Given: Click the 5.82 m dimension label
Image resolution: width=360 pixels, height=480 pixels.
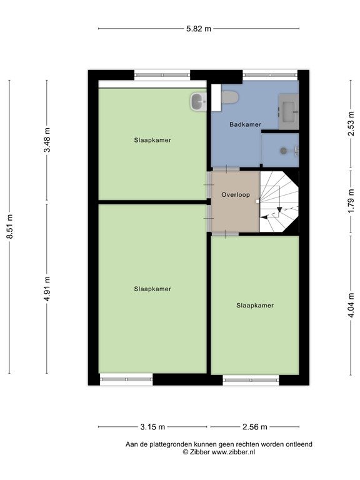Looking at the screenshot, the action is tap(199, 29).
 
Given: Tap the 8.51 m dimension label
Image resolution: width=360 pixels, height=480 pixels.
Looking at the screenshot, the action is tap(10, 226).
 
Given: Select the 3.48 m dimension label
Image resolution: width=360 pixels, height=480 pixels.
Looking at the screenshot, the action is tap(47, 140).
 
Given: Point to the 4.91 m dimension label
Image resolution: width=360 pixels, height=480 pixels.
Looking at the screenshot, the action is tap(47, 288).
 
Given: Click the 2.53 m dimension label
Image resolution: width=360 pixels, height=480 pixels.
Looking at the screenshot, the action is tap(351, 123).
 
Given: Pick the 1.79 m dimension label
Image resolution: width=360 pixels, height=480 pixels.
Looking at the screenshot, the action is tap(351, 201).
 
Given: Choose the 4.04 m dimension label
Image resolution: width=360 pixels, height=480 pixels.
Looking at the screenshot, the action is tap(351, 305).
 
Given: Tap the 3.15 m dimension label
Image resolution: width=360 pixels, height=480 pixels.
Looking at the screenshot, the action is tap(152, 427).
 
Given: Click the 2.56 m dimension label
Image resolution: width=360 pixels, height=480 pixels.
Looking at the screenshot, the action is tap(255, 427).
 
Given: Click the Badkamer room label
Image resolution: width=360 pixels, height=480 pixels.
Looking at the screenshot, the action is tap(245, 124).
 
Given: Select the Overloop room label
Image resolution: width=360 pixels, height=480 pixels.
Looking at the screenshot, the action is tap(236, 195).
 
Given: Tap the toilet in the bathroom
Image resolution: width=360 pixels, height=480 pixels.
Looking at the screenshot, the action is tap(229, 97).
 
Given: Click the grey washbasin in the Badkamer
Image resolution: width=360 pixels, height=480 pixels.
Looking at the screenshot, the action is tap(288, 111).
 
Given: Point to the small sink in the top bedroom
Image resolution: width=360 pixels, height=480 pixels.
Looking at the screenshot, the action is tap(199, 102).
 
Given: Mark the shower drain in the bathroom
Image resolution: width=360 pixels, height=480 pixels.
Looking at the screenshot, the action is tap(284, 150).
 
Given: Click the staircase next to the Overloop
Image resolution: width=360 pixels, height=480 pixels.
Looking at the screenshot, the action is tap(279, 202).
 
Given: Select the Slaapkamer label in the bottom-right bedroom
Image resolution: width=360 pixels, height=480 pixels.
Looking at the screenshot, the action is tap(255, 305).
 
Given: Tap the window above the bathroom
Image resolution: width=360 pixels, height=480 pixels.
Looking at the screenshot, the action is tap(270, 75).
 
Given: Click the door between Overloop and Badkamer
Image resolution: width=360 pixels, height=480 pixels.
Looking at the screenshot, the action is tap(226, 169).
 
